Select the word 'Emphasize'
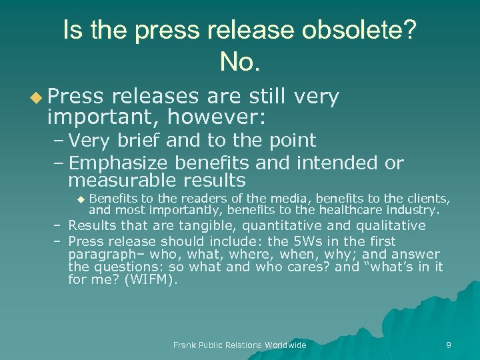point(118,163)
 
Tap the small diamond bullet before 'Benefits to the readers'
point(80,199)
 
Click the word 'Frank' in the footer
point(185,345)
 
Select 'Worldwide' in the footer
point(285,345)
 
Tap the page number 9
point(449,345)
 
